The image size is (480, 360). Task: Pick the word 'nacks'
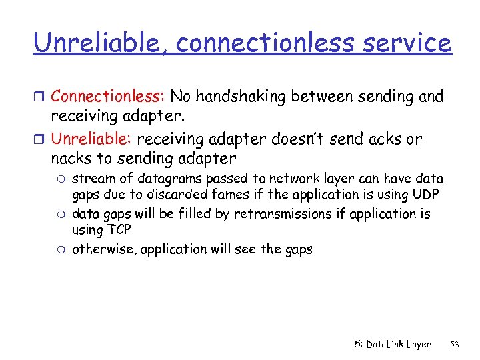[70, 159]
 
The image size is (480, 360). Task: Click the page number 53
[455, 344]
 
